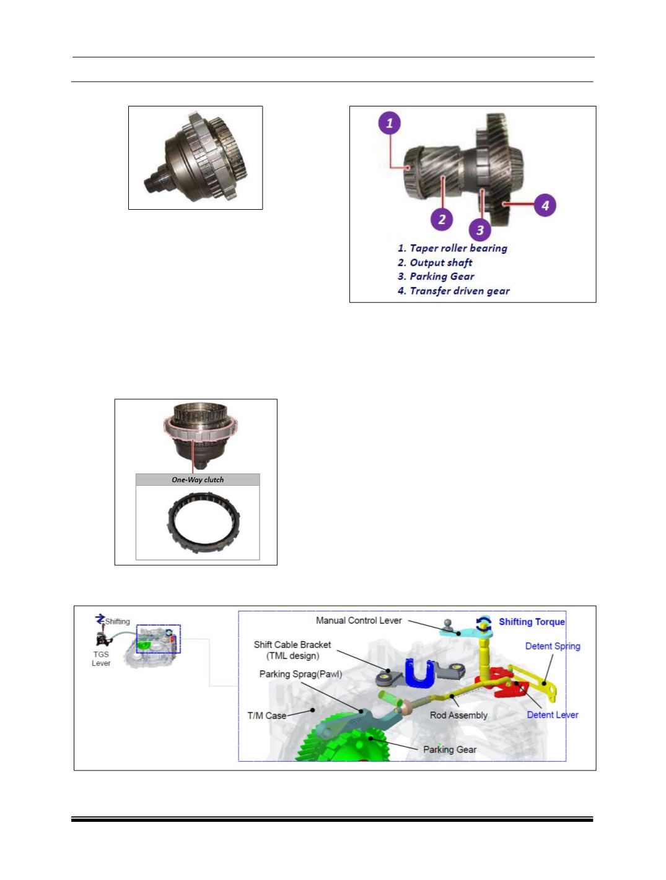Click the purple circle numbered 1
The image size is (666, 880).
tap(389, 123)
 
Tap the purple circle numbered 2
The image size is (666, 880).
tap(442, 219)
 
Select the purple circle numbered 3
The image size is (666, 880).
tap(480, 230)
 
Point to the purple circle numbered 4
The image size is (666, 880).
tap(545, 205)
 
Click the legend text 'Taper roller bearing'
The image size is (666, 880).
tap(458, 248)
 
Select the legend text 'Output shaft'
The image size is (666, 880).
tap(441, 262)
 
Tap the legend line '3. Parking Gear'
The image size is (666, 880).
tap(436, 276)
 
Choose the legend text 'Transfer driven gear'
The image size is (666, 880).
tap(460, 291)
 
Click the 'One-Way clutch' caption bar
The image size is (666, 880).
tap(198, 480)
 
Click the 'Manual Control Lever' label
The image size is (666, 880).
tap(359, 620)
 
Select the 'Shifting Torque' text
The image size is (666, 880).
tap(532, 622)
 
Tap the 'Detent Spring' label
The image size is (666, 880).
tap(553, 646)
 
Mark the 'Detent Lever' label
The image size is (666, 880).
tap(553, 714)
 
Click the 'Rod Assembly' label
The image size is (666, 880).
tap(458, 715)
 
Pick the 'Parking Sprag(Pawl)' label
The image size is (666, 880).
tap(300, 674)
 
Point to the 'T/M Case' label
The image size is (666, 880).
tap(267, 715)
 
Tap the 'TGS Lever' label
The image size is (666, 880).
tap(101, 658)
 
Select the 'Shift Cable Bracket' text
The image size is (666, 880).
tap(292, 645)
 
